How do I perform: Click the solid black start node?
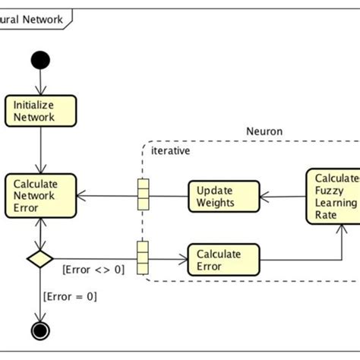coord(40,59)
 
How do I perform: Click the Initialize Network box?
coord(41,110)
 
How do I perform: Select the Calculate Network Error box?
coord(41,196)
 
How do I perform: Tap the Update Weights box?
coord(223,196)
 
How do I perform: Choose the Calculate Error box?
coord(223,259)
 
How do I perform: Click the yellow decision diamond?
coord(39,259)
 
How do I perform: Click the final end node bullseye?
coord(40,330)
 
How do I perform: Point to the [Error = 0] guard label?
coord(71,296)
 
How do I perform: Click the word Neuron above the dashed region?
coord(264,131)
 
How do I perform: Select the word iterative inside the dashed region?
coord(170,150)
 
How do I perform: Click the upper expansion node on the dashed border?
coord(141,194)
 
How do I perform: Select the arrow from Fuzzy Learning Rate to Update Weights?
coord(283,196)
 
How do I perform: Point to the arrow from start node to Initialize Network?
coord(40,82)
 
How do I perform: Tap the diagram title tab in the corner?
coord(34,18)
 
